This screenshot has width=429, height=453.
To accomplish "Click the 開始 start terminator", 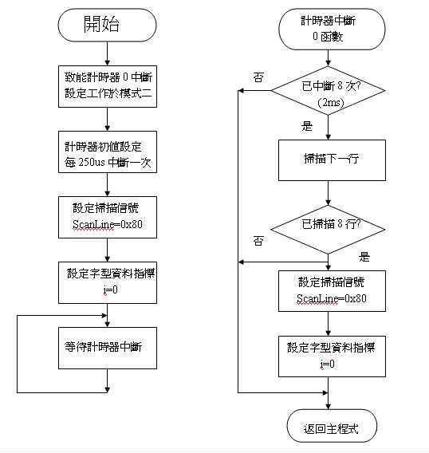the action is pos(107,25).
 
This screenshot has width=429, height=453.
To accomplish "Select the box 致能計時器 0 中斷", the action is pos(108,86).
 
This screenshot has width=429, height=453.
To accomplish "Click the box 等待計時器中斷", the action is pos(108,348).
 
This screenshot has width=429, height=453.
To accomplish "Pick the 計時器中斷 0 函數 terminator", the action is pos(332,29).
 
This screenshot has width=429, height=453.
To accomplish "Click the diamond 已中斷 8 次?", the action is pos(328,91).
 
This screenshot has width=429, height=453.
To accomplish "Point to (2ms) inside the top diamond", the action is pos(330,103).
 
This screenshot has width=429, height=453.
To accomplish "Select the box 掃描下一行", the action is pos(332,160).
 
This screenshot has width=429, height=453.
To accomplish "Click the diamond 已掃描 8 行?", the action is pos(328,230).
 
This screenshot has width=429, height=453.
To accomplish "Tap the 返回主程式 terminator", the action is pos(332,426).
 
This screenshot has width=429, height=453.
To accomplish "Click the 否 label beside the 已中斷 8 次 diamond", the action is pos(258,77).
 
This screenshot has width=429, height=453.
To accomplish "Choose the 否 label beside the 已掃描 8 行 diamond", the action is pos(258,241).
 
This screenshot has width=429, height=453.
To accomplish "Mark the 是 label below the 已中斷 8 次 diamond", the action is pos(307,126).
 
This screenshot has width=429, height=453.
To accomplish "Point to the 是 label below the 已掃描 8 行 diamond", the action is pos(364,257).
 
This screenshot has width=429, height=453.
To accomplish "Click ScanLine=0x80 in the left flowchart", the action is pos(108,224).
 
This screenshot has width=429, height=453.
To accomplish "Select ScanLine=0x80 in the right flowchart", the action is pos(332,298).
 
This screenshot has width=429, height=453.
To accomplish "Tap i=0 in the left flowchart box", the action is pos(111,290).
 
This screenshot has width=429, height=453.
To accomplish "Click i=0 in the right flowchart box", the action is pos(327,364).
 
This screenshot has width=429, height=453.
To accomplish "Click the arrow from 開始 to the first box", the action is pos(107,53).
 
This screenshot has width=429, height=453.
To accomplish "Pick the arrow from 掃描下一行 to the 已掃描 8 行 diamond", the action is pos(328,193).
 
